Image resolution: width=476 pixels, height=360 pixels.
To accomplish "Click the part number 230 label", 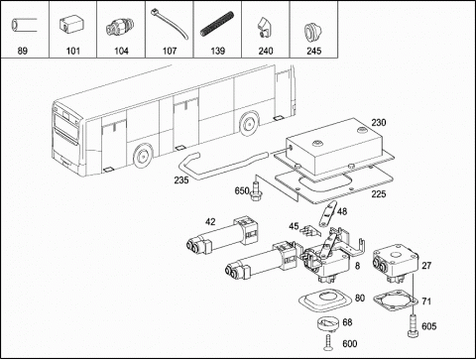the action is (x=379, y=123).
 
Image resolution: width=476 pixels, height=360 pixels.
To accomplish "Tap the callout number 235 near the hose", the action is (x=181, y=180).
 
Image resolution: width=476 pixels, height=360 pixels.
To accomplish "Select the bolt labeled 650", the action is (x=255, y=191).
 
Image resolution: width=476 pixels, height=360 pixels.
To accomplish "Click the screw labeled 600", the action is (x=327, y=343).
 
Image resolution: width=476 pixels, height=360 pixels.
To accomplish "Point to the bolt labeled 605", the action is (x=414, y=326).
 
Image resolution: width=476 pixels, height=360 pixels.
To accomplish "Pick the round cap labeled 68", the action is (x=328, y=324).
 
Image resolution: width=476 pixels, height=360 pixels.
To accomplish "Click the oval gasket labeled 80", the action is (x=325, y=300).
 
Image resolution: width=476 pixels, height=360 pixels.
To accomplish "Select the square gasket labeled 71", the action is (x=396, y=300).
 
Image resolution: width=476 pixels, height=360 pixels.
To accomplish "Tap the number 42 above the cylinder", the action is (x=210, y=222).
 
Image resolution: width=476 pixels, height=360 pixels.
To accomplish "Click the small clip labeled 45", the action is (x=310, y=230).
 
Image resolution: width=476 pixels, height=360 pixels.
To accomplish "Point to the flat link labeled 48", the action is (x=327, y=214).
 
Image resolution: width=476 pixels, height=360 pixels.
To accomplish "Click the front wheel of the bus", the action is (x=143, y=156).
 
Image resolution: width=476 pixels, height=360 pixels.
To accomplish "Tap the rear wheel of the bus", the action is (x=249, y=123).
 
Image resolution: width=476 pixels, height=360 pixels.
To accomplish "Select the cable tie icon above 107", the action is (x=170, y=24).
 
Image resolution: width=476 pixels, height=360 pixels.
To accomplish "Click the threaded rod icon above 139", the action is (x=217, y=24).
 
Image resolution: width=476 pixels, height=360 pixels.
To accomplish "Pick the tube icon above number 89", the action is (x=23, y=26).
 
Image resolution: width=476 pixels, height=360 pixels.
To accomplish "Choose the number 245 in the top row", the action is (x=313, y=51).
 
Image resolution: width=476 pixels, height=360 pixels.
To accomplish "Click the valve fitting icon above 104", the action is (x=120, y=27).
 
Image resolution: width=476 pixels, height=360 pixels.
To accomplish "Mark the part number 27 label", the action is (x=426, y=266).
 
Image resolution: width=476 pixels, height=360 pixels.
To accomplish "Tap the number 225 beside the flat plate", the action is (x=379, y=194).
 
